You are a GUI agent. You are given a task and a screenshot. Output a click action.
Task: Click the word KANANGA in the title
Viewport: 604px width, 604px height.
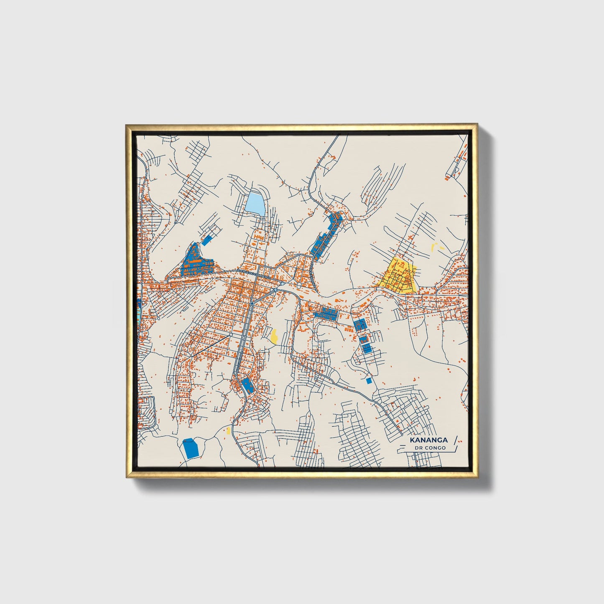pos(428,440)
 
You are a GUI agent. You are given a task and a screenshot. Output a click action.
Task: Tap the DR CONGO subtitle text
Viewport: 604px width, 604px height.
pos(430,448)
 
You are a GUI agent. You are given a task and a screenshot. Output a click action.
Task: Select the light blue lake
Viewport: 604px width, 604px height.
pos(255,203)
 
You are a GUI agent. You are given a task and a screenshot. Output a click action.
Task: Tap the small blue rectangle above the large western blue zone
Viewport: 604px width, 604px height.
pos(206,240)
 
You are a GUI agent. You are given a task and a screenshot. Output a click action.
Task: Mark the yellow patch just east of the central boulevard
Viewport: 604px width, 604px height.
pos(274,336)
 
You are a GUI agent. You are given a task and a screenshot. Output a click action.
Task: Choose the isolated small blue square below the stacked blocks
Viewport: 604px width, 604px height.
pos(369,380)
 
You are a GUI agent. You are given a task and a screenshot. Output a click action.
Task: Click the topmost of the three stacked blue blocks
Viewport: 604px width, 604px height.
pos(359,325)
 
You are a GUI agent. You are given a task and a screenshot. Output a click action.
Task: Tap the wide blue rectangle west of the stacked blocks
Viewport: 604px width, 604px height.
pos(325,313)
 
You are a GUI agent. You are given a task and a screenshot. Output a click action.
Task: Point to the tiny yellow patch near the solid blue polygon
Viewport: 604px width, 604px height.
pos(228,430)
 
